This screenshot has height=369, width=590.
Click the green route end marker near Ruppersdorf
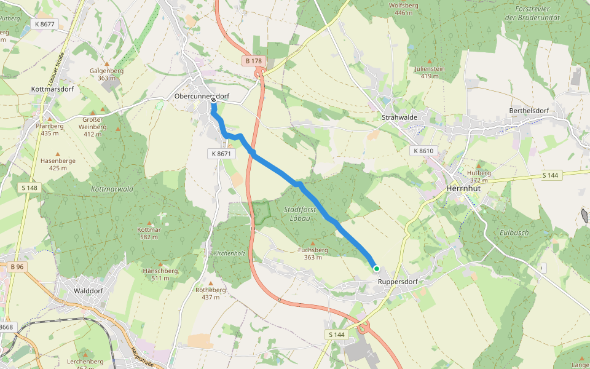pos(376,268)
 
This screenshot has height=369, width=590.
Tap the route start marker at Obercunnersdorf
pos(213,100)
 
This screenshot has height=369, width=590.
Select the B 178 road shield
pos(253,61)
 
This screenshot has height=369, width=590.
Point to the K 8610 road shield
pos(423,151)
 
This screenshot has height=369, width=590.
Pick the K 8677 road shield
pos(45,24)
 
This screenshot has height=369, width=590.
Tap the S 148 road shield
pos(29,188)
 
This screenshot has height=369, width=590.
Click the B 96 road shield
pos(17,266)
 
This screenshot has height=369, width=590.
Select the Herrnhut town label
pos(465,189)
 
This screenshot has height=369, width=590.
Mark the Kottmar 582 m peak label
pos(149,233)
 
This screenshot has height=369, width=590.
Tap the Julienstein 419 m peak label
pos(430,72)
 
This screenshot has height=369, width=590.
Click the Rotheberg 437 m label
pos(211,293)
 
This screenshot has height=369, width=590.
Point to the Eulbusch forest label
pos(497,233)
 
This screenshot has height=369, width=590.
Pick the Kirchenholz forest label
pos(229,253)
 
